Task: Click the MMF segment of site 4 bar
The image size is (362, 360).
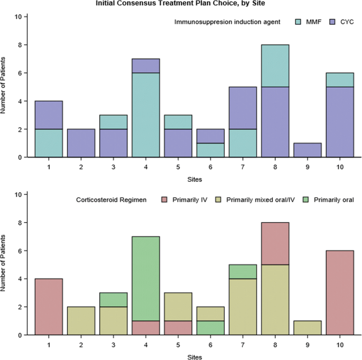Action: pyautogui.click(x=146, y=115)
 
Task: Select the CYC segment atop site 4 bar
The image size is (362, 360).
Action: pyautogui.click(x=146, y=66)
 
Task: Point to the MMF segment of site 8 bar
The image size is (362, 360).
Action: pyautogui.click(x=275, y=66)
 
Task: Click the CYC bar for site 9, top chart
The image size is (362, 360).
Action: pyautogui.click(x=308, y=150)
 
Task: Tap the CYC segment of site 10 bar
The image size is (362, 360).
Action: pyautogui.click(x=340, y=122)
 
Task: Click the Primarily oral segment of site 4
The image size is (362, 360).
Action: pyautogui.click(x=146, y=279)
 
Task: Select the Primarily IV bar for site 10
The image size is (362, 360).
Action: pyautogui.click(x=340, y=292)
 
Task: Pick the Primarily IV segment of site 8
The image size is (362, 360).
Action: pyautogui.click(x=275, y=243)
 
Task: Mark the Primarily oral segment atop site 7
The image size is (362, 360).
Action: pyautogui.click(x=243, y=271)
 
